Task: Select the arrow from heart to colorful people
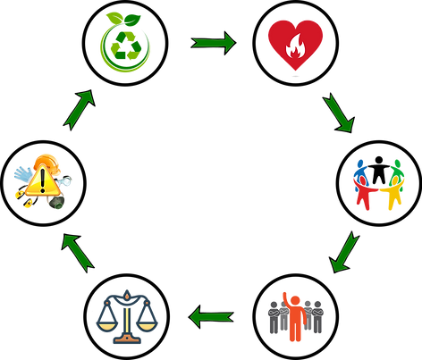point(339,111)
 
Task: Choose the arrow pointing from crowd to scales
point(213,314)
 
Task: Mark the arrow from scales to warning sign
point(79,251)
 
